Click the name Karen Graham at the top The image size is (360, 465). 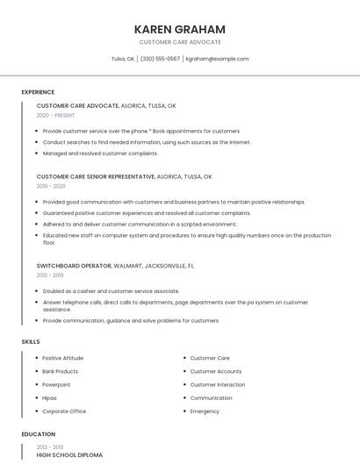point(179,29)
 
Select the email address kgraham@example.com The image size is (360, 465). point(218,59)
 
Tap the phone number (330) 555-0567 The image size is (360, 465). point(160,59)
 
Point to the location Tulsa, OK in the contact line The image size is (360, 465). point(123,59)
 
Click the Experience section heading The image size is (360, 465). point(38,92)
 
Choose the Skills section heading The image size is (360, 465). point(30,341)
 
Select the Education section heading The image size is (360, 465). point(38,434)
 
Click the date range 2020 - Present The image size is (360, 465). point(55,115)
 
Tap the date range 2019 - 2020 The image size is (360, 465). point(51,186)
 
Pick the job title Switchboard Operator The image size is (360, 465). point(74,265)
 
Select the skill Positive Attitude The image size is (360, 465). point(62,358)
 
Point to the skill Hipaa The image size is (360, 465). point(49,397)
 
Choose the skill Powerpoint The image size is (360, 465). point(56,384)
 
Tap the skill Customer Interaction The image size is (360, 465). point(218,384)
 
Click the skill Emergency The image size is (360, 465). point(205,411)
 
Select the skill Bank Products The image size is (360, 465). point(60,371)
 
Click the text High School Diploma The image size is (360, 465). point(69,455)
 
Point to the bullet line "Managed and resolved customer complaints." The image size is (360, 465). point(100,153)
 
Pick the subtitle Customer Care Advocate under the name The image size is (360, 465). point(179,42)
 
